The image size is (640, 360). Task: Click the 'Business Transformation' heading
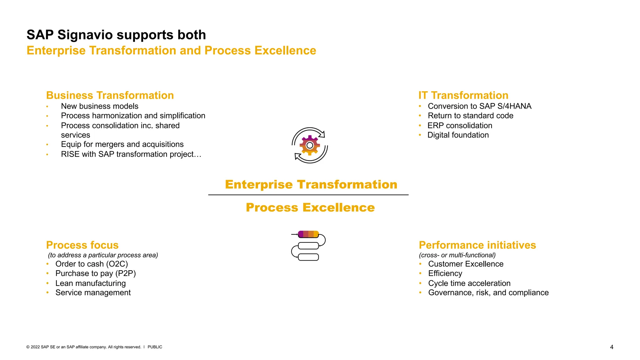coord(110,95)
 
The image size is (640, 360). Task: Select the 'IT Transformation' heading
coord(463,95)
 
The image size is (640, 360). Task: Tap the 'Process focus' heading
coord(82,245)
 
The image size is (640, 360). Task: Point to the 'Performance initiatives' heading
coord(477,245)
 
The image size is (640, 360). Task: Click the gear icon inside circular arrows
coord(310,145)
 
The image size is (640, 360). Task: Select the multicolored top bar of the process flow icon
coord(308,234)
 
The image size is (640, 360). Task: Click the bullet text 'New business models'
coord(99,106)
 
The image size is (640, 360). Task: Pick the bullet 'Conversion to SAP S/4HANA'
coord(479,106)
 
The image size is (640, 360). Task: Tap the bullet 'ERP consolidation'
coord(460,126)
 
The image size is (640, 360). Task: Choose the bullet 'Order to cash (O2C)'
coord(92,264)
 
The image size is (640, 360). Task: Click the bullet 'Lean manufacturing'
coord(90,283)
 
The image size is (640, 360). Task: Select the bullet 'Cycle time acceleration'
coord(469,283)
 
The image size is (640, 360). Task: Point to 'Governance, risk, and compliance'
coord(488,293)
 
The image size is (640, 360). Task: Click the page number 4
coord(612,347)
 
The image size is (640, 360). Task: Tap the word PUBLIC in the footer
coord(155,347)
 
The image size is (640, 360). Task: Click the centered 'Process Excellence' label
coord(310,207)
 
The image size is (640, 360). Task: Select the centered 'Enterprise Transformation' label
coord(311,184)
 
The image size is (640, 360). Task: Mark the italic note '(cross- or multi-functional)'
coord(457,255)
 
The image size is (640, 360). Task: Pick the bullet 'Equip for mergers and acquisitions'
coord(122,144)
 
